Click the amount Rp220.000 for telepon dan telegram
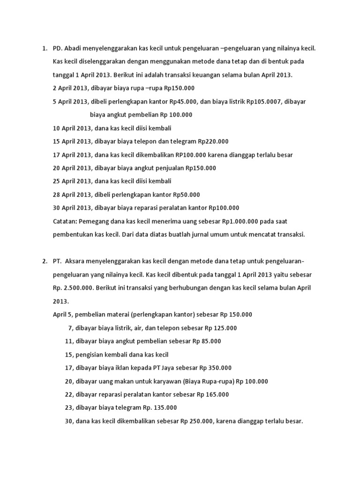(213, 141)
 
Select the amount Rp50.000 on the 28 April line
(187, 195)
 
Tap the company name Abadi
(73, 48)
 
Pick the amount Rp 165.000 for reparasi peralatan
(213, 395)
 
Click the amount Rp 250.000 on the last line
(196, 421)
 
